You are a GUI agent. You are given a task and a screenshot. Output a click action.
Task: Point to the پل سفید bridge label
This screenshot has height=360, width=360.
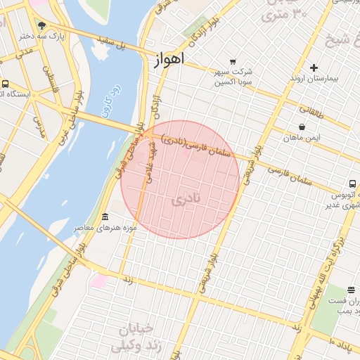(113, 49)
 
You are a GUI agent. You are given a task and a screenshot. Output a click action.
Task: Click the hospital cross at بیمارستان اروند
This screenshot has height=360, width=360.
(313, 67)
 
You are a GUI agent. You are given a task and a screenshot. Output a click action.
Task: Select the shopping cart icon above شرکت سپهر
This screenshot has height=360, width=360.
(233, 61)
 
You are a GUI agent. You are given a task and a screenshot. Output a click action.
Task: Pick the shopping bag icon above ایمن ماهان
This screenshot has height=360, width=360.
(302, 127)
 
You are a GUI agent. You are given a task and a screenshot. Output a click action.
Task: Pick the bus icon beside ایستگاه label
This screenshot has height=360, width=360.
(6, 84)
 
